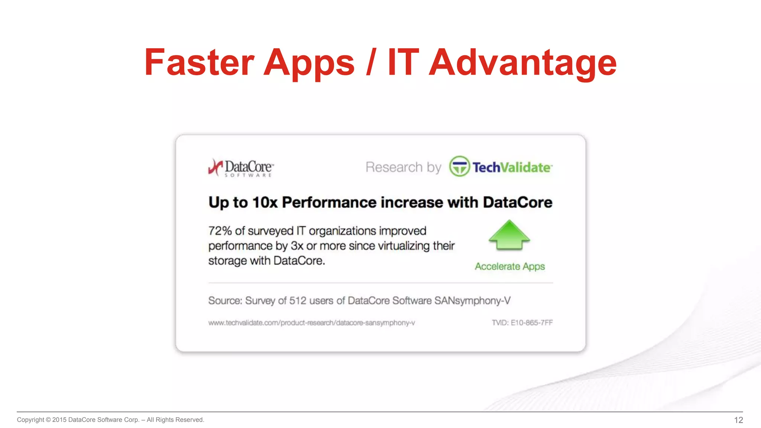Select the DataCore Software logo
(241, 168)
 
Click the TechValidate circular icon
(459, 166)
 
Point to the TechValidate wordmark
(512, 168)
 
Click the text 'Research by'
(403, 167)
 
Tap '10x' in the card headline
(265, 202)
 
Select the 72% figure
(220, 231)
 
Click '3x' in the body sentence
(297, 246)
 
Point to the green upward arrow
(509, 235)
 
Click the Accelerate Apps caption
(509, 266)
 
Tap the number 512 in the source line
(298, 301)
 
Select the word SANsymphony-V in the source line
(472, 301)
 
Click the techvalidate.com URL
(311, 323)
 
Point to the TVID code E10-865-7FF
(522, 323)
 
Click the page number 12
(738, 420)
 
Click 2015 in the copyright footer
(59, 420)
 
